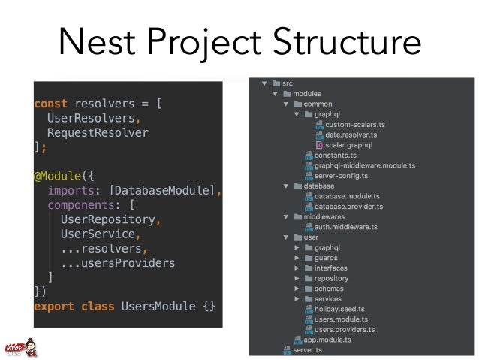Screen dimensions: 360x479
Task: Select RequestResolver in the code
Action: coord(98,133)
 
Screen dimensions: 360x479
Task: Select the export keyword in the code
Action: coord(52,306)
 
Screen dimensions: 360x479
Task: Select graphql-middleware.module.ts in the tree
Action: coord(365,165)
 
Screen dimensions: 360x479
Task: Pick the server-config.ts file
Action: coord(343,175)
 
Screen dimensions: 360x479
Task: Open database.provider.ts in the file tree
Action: coord(348,206)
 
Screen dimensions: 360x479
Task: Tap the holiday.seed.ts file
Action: coord(339,308)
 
